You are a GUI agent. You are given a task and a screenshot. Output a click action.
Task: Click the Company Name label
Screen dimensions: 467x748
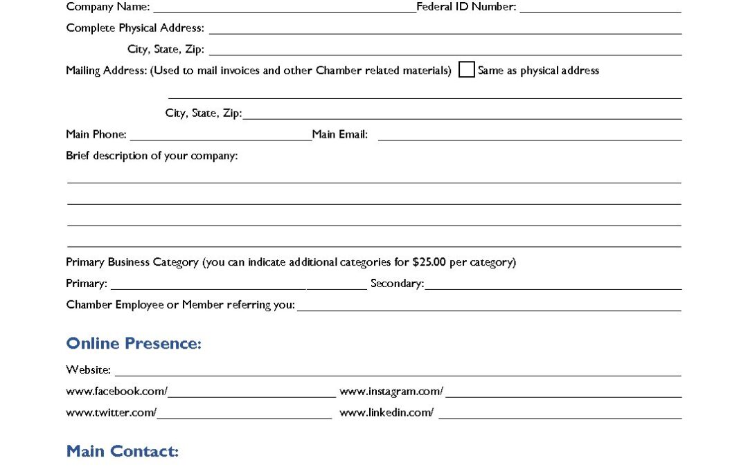coord(107,7)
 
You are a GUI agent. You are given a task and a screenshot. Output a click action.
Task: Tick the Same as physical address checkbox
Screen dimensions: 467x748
coord(467,70)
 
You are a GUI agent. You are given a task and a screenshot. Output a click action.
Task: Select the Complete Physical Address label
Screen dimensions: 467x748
coord(135,28)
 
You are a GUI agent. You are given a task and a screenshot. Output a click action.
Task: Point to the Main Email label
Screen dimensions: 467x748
coord(339,134)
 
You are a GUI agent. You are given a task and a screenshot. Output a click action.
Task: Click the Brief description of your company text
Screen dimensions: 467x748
coord(152,156)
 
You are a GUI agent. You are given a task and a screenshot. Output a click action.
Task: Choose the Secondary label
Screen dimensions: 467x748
coord(397,284)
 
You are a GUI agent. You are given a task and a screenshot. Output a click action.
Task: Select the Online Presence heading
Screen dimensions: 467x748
coord(134,344)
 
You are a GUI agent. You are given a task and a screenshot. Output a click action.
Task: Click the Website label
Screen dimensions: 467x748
coord(88,370)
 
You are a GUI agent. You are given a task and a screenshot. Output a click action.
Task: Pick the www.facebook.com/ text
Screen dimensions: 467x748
coord(116,392)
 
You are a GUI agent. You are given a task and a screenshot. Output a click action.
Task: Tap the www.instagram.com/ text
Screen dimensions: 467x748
coord(391,392)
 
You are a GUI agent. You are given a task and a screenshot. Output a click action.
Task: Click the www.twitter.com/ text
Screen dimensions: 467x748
coord(111,413)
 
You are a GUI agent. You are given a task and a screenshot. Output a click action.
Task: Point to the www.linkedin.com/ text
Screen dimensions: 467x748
coord(386,413)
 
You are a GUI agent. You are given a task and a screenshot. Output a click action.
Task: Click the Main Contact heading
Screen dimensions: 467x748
coord(123,452)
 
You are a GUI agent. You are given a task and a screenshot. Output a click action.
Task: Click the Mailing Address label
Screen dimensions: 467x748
coord(106,71)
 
